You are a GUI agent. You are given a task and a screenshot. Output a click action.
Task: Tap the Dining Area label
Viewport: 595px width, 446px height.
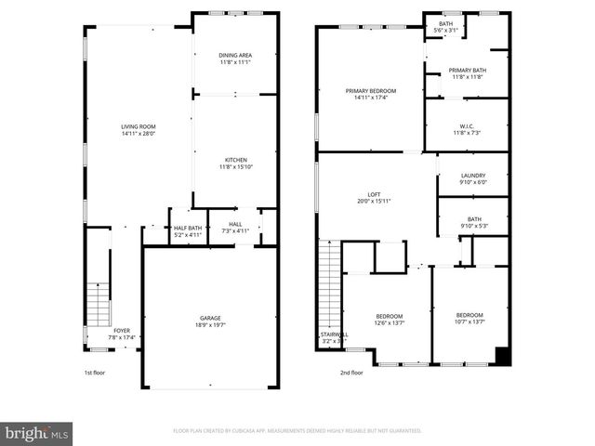tap(235, 56)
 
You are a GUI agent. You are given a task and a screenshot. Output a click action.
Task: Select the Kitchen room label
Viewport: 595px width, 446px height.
tap(235, 160)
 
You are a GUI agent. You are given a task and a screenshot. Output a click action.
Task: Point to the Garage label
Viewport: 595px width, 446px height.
tap(210, 318)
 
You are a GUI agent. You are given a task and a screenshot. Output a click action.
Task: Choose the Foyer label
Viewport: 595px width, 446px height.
tap(122, 330)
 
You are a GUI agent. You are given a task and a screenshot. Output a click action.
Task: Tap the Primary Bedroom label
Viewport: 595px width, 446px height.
tap(370, 90)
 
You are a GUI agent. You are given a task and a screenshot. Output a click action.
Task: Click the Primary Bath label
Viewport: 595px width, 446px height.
tap(467, 71)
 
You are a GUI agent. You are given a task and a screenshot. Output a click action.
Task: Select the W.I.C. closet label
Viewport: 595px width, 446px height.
tap(467, 127)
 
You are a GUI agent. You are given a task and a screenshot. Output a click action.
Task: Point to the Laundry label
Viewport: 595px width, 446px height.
tap(473, 176)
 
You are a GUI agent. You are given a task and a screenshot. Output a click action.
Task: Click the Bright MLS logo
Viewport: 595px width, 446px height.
tap(36, 433)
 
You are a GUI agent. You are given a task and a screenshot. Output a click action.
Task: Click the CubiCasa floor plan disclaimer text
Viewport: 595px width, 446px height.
tap(297, 431)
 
